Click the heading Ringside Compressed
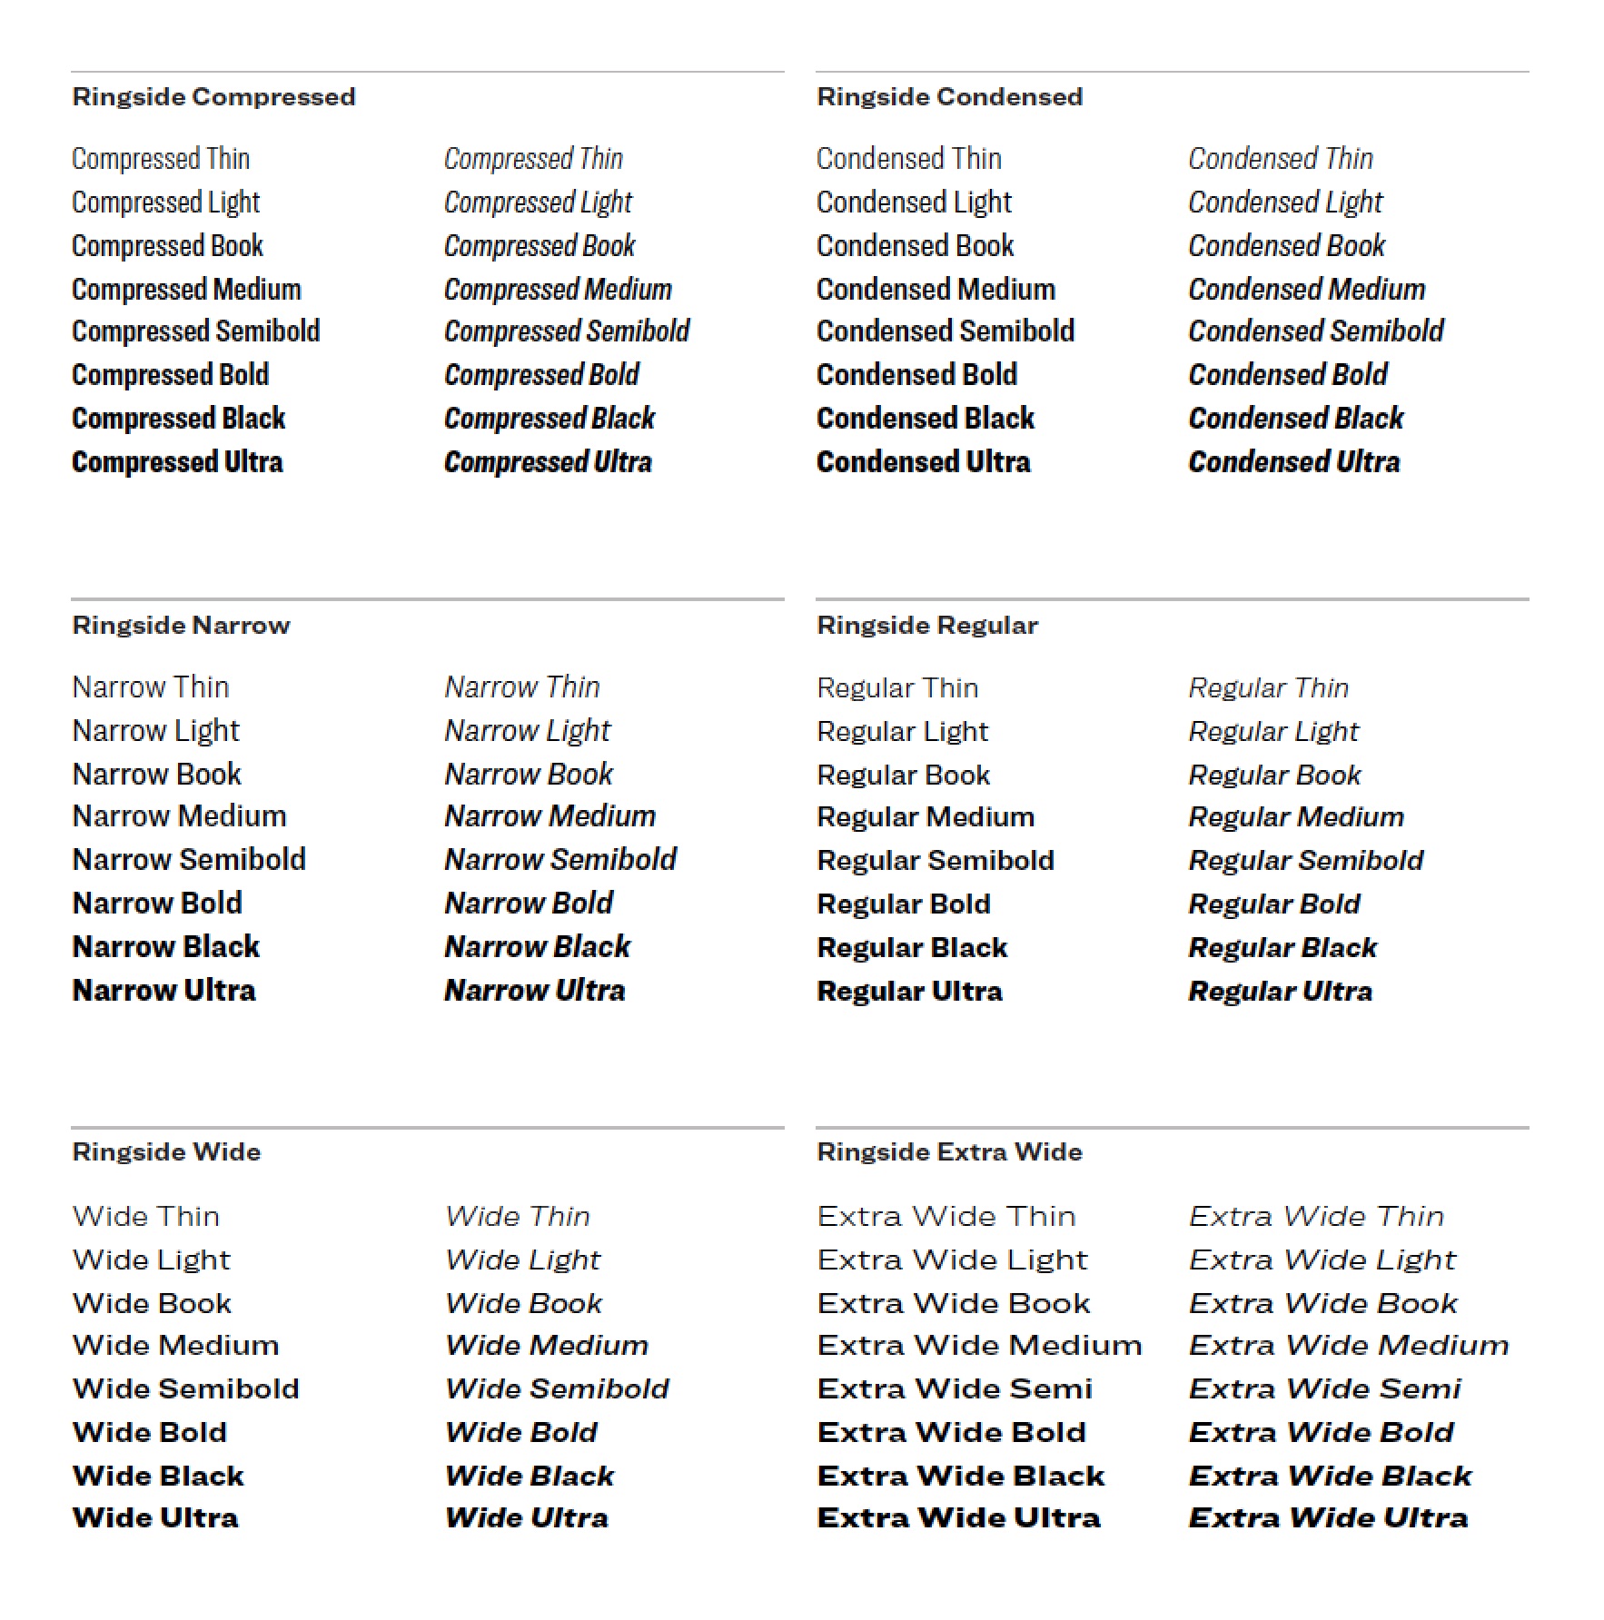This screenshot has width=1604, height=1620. (213, 97)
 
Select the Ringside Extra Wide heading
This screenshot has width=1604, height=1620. (949, 1152)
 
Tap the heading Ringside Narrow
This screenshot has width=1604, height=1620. (181, 626)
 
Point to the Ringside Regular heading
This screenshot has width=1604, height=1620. (927, 626)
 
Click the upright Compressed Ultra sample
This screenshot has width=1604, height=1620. (177, 462)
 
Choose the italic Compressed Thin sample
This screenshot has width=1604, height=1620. (533, 159)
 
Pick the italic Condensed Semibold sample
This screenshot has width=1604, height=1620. (1315, 331)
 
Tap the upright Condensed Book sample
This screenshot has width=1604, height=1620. (915, 246)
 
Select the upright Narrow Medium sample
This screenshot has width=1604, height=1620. (179, 816)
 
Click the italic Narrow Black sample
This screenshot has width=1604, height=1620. (537, 947)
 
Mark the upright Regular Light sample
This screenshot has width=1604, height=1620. (902, 732)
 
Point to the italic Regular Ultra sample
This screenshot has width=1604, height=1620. (1280, 992)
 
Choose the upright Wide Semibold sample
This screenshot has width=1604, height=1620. (185, 1388)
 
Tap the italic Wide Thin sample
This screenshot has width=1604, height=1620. (518, 1217)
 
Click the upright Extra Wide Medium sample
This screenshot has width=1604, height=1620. (979, 1345)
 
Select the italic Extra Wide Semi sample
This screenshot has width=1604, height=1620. (1324, 1388)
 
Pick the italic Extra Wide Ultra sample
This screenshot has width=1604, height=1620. (1328, 1518)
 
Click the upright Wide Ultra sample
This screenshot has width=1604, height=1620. (155, 1518)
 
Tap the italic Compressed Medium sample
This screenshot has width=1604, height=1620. (558, 290)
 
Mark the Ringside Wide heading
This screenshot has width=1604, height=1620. (166, 1152)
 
